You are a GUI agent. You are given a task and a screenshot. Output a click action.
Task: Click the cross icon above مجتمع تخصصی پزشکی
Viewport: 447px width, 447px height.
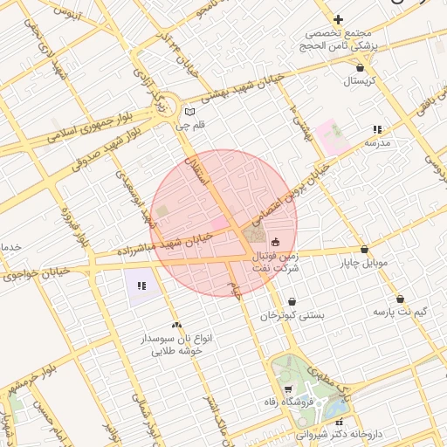(339, 19)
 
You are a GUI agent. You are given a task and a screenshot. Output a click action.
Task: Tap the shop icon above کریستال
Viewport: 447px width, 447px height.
(361, 66)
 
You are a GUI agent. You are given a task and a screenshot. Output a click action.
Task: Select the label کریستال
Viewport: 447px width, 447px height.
(358, 81)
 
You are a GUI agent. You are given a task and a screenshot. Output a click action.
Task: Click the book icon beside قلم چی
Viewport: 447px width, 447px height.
(191, 112)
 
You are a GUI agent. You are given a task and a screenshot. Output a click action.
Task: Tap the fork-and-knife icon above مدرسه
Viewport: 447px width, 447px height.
(377, 128)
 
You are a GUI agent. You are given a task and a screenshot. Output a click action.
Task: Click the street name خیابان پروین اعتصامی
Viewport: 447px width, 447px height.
(288, 194)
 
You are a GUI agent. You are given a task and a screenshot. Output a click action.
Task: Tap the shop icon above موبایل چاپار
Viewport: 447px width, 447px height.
(363, 249)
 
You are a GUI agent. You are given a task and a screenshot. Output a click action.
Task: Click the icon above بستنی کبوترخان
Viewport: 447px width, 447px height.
(292, 301)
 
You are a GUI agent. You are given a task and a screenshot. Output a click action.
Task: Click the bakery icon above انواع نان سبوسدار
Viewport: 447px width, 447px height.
(176, 324)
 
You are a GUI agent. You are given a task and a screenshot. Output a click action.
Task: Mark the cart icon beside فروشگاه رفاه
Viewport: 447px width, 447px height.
(288, 389)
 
